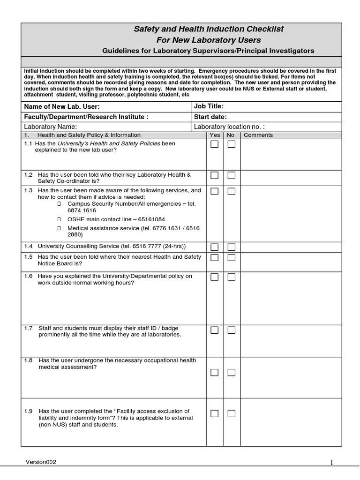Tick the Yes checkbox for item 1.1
click(214, 144)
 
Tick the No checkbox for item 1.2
click(232, 175)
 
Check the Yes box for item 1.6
click(214, 277)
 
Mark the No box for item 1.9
click(232, 413)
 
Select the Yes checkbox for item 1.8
click(214, 373)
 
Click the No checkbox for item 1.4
click(232, 247)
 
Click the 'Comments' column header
click(258, 135)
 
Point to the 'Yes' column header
click(215, 135)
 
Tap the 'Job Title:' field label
click(209, 106)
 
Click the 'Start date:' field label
click(210, 117)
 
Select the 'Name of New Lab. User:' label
click(62, 107)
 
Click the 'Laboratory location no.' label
click(229, 127)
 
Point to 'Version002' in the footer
click(41, 462)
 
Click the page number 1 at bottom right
click(331, 463)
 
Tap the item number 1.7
click(29, 328)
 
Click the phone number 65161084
click(151, 219)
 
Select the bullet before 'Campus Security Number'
click(59, 204)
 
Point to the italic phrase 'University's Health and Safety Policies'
click(109, 143)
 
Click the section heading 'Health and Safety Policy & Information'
click(89, 135)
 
